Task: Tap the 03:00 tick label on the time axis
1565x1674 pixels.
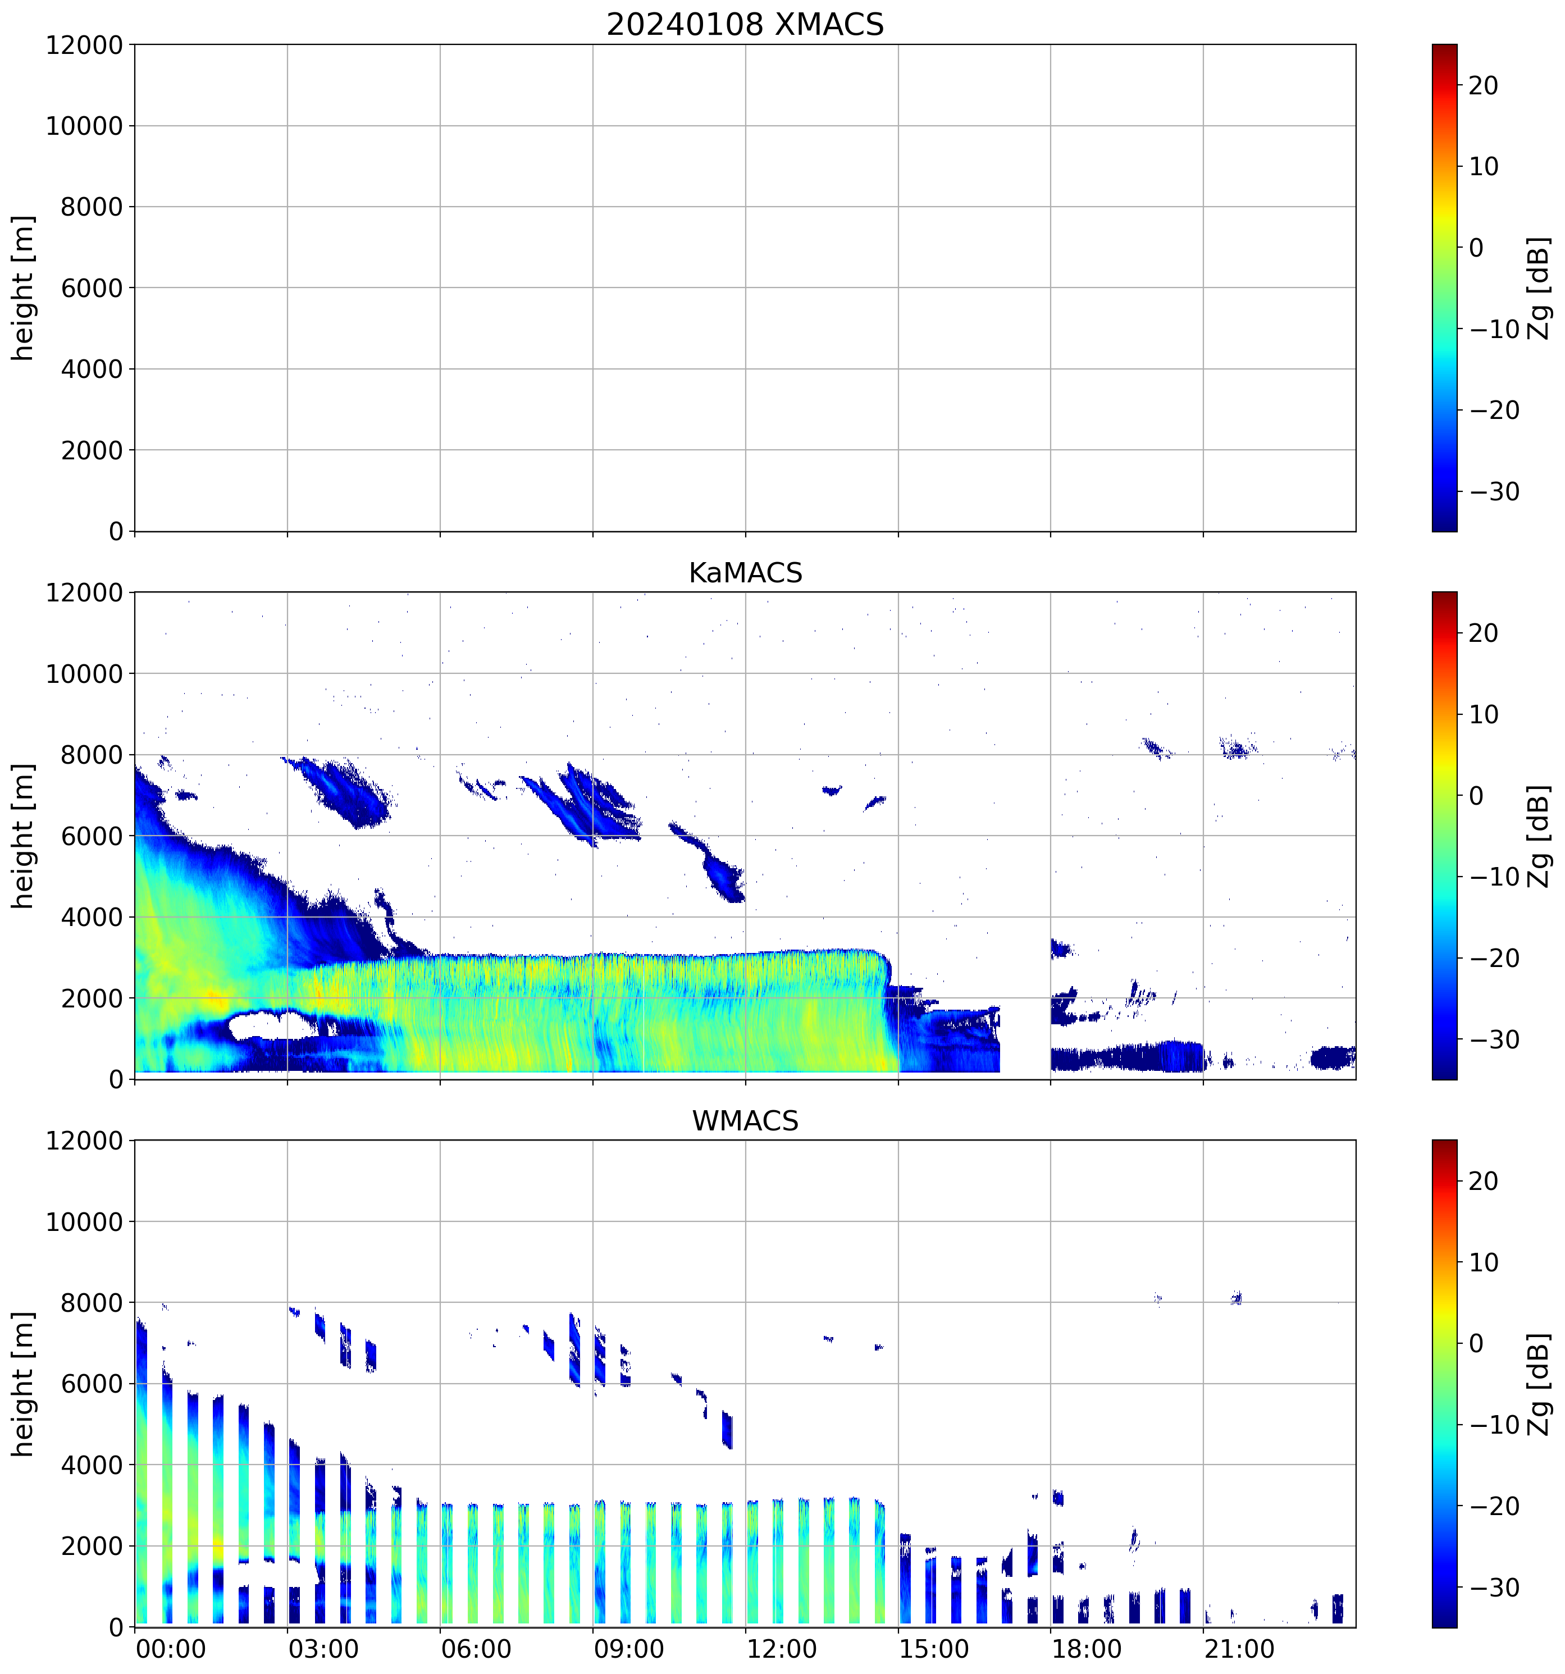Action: pyautogui.click(x=323, y=1649)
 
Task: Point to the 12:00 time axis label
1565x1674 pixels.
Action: pyautogui.click(x=781, y=1649)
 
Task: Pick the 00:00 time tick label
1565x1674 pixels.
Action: pyautogui.click(x=171, y=1649)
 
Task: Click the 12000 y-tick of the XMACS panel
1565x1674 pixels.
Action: pyautogui.click(x=84, y=44)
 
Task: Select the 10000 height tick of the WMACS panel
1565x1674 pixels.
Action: pyautogui.click(x=84, y=1222)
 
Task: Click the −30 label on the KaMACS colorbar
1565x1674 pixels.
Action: pyautogui.click(x=1494, y=1039)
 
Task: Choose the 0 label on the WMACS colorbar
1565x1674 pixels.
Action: pyautogui.click(x=1476, y=1343)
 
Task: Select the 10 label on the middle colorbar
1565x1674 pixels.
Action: pyautogui.click(x=1484, y=714)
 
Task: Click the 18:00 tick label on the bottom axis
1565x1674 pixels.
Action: pyautogui.click(x=1086, y=1649)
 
